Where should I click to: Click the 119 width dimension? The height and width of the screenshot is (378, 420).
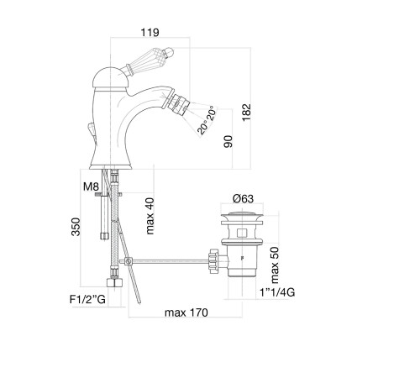150,33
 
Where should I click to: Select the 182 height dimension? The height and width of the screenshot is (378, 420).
247,113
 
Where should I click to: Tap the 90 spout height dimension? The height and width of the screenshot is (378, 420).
228,141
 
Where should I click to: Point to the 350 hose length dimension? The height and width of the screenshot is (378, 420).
76,227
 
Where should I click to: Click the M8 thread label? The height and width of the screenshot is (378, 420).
91,186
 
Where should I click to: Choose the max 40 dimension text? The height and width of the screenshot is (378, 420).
150,216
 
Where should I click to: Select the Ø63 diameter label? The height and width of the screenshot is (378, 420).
243,198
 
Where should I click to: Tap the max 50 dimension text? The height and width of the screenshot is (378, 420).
275,265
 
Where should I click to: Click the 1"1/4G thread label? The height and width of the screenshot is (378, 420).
277,292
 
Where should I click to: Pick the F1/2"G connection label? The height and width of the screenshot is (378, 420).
87,300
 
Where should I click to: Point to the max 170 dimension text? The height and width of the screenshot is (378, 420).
186,312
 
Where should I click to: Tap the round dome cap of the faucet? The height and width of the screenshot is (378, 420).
111,77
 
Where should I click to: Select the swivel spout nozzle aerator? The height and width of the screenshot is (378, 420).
180,102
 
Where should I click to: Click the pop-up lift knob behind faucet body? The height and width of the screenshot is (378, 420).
92,130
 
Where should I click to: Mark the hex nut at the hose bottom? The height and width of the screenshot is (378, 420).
114,282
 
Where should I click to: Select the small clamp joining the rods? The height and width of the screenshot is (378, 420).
129,261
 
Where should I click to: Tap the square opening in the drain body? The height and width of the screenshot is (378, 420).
242,233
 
